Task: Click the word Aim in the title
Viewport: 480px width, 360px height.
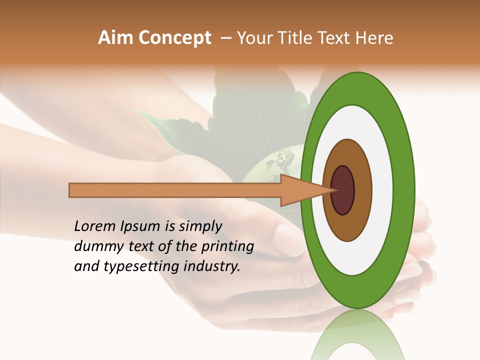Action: point(115,38)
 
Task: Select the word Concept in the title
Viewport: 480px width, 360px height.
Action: point(174,38)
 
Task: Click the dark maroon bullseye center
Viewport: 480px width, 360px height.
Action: point(342,190)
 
